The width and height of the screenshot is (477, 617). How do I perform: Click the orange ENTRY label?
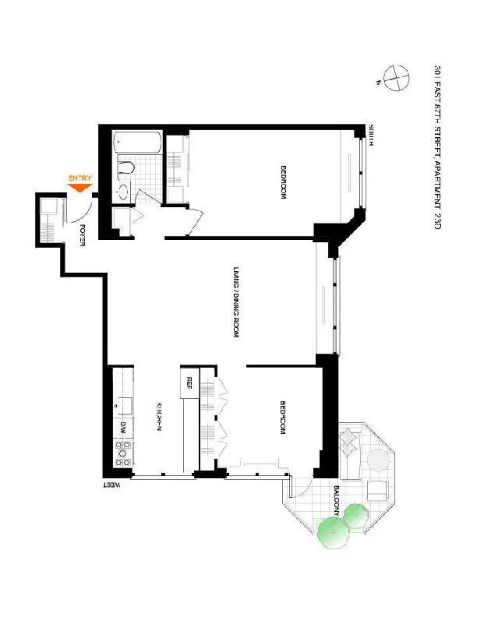coord(80,178)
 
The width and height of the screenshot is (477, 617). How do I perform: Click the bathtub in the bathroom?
coord(137,143)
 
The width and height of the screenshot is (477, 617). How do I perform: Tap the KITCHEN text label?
coord(158,417)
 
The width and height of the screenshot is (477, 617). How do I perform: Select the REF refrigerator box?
coord(189,383)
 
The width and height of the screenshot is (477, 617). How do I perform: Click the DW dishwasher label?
coord(123,428)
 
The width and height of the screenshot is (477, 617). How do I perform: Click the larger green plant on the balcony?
coord(333,530)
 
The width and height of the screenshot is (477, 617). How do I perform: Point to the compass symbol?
coord(396,78)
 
